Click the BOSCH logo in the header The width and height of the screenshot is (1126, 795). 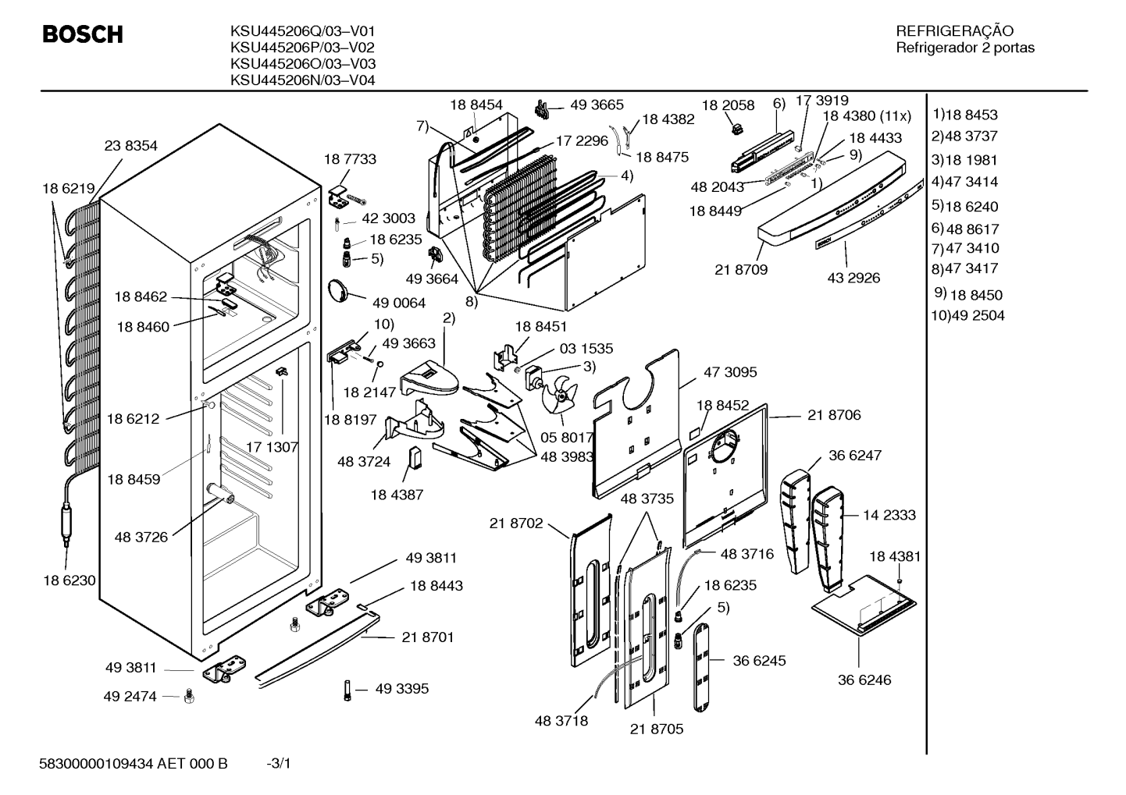pyautogui.click(x=83, y=34)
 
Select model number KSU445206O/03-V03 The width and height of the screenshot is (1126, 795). pyautogui.click(x=303, y=64)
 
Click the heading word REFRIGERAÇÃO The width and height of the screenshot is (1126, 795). pyautogui.click(x=955, y=31)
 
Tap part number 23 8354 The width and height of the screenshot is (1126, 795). pyautogui.click(x=130, y=146)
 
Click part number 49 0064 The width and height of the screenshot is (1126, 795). pyautogui.click(x=398, y=303)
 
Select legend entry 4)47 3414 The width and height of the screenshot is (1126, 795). pyautogui.click(x=964, y=181)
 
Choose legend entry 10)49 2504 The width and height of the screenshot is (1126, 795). pyautogui.click(x=967, y=315)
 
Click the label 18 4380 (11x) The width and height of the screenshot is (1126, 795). pyautogui.click(x=867, y=116)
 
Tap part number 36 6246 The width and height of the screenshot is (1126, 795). pyautogui.click(x=864, y=680)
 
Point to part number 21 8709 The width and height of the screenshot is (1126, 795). pyautogui.click(x=741, y=270)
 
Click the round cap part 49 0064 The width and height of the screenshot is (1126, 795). pyautogui.click(x=337, y=291)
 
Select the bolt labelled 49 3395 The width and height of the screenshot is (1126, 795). pyautogui.click(x=347, y=690)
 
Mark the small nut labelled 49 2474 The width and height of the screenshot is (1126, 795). pyautogui.click(x=189, y=696)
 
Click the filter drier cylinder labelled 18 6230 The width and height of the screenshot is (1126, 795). pyautogui.click(x=66, y=523)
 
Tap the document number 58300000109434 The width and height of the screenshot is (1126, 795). pyautogui.click(x=96, y=764)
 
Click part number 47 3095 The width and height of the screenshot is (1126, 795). pyautogui.click(x=730, y=372)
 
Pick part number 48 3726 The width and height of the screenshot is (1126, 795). pyautogui.click(x=141, y=538)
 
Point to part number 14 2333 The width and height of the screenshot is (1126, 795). pyautogui.click(x=889, y=515)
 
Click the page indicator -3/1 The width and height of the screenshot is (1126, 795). pyautogui.click(x=279, y=764)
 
